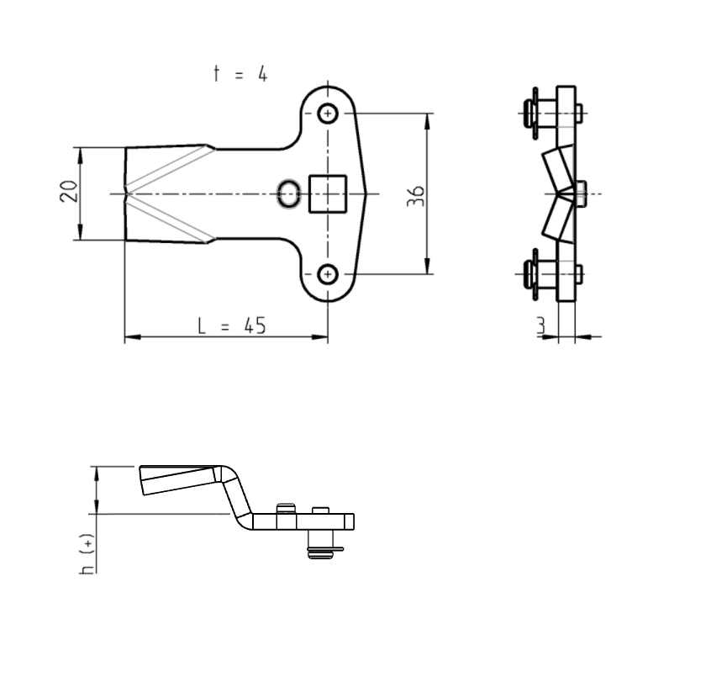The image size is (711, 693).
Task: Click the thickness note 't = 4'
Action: (x=240, y=74)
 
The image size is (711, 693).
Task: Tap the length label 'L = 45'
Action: (x=232, y=325)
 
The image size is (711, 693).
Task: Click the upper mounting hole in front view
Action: (x=328, y=113)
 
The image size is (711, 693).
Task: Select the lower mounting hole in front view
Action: (x=328, y=273)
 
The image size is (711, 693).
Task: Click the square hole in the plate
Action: (x=329, y=193)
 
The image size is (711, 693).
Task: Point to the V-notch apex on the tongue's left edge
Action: (x=127, y=194)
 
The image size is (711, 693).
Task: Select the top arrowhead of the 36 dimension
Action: (x=429, y=119)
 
